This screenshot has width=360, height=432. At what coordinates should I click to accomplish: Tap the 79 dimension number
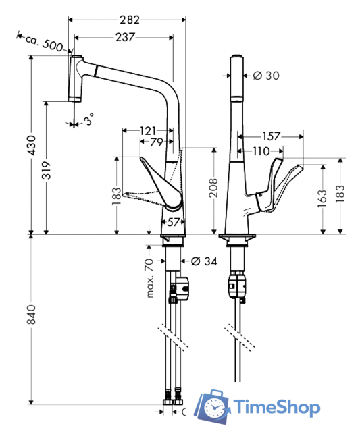point(156,142)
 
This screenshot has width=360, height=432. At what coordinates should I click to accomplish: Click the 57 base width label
point(172,221)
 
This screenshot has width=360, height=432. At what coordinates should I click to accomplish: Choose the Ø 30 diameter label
point(266,76)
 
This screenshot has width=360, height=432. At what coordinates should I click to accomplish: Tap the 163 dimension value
point(322,196)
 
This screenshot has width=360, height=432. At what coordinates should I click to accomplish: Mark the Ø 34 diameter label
point(204,261)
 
